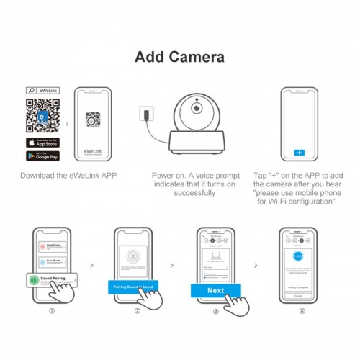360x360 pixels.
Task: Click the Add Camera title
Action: (179, 57)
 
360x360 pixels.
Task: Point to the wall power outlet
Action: (144, 114)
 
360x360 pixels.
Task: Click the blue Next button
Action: (215, 290)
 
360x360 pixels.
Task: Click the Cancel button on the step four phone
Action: (298, 294)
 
